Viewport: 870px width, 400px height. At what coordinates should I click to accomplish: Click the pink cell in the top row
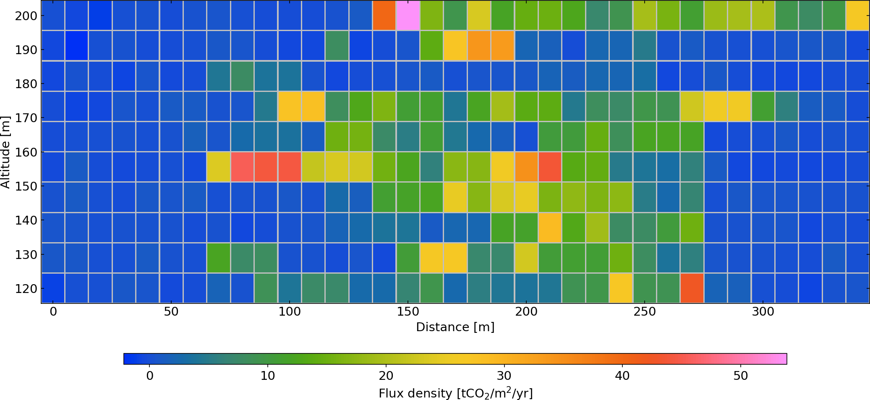coord(408,16)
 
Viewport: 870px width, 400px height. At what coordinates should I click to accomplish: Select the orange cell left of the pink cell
coord(384,16)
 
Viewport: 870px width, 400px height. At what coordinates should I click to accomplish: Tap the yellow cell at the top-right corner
coord(857,16)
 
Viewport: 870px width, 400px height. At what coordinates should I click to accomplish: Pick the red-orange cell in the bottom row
coord(692,288)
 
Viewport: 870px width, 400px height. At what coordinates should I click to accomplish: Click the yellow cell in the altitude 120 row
coord(621,288)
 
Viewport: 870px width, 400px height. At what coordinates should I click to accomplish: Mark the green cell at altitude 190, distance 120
coord(337,46)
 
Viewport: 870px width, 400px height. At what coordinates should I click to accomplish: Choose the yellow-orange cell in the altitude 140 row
coord(550,227)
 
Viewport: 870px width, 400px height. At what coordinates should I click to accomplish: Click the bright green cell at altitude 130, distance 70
coord(218,258)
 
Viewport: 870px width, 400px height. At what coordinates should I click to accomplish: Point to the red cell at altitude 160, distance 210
coord(550,167)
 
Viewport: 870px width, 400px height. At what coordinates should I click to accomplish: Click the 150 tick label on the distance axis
coord(408,312)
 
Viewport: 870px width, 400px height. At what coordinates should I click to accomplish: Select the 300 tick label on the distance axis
coord(763,312)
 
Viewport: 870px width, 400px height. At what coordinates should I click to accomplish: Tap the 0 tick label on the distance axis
coord(53,312)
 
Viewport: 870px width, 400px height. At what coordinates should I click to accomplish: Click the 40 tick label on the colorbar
coord(622,376)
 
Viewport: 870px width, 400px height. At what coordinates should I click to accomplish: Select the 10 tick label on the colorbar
coord(268,376)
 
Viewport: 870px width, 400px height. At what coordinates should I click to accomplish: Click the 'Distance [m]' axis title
coord(455,327)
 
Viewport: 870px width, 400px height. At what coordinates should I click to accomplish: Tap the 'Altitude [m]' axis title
coord(5,152)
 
